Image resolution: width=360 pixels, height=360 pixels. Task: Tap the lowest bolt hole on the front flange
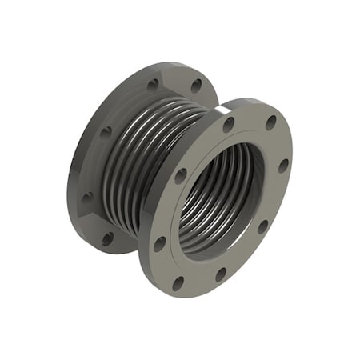click(178, 282)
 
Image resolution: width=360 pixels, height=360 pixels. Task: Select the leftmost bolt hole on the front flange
click(160, 242)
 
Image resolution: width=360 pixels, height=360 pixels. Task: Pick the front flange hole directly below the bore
click(220, 275)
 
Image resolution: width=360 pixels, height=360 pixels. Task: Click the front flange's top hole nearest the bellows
click(229, 124)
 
